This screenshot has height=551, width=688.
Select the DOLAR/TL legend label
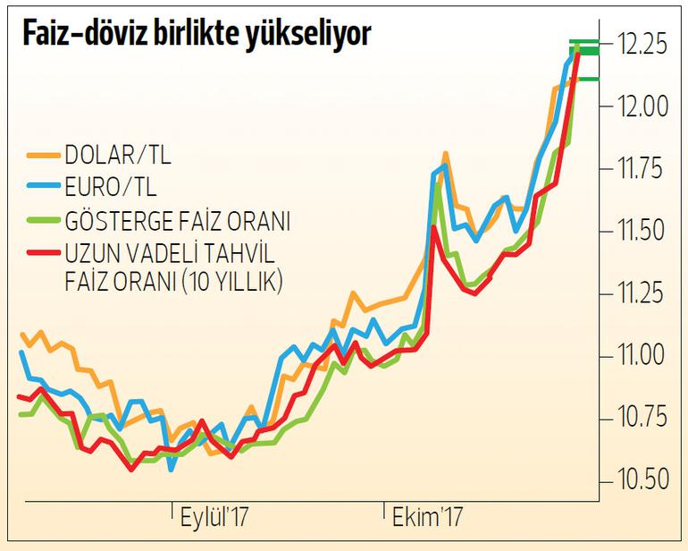117,157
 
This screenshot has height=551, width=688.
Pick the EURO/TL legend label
110,189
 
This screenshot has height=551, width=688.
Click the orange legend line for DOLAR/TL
41,158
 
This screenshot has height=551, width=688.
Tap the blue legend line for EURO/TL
41,190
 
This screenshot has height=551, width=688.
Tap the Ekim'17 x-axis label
424,517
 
